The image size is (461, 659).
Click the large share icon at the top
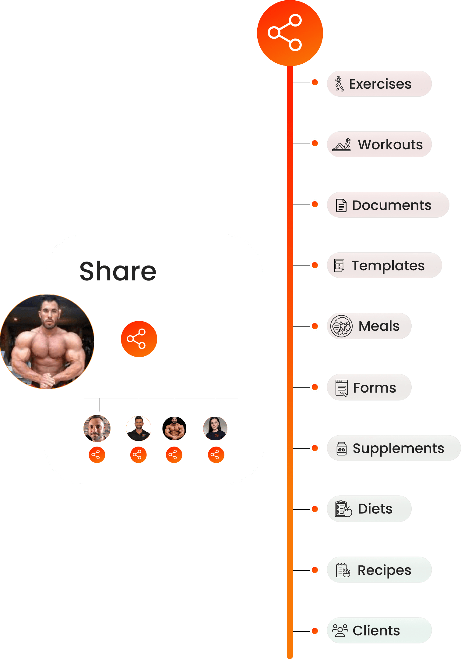(290, 33)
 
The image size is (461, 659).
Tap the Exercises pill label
(379, 84)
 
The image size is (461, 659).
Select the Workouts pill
(379, 144)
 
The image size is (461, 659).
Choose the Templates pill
(384, 265)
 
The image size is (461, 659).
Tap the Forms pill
(369, 387)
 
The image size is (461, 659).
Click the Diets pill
(369, 509)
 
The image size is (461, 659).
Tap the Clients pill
(379, 630)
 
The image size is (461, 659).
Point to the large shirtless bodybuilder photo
(47, 342)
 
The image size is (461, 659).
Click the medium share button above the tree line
(139, 339)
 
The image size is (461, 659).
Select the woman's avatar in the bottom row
(215, 429)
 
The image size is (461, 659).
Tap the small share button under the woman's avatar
(216, 455)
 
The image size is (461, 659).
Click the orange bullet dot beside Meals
(315, 326)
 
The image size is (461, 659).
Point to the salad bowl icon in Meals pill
(341, 326)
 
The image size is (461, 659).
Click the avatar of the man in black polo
(139, 429)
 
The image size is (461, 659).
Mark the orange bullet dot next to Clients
(315, 631)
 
